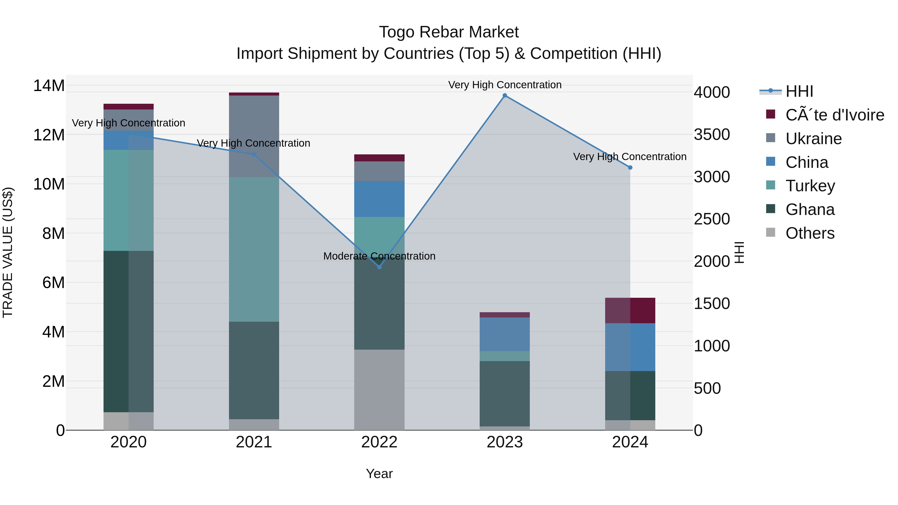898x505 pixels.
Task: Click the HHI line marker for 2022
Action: pyautogui.click(x=379, y=267)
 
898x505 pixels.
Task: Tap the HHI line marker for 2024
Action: pyautogui.click(x=630, y=168)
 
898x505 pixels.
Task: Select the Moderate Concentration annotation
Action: pyautogui.click(x=379, y=256)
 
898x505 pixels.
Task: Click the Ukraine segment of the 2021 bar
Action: pyautogui.click(x=254, y=136)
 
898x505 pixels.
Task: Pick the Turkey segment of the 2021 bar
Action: pyautogui.click(x=254, y=249)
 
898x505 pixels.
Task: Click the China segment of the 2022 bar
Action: pyautogui.click(x=379, y=199)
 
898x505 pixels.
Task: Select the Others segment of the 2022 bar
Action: pyautogui.click(x=379, y=390)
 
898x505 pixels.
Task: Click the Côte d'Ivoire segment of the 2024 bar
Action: pyautogui.click(x=630, y=310)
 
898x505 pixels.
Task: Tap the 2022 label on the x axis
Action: pyautogui.click(x=379, y=442)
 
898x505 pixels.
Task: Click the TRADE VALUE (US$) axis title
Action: pyautogui.click(x=8, y=252)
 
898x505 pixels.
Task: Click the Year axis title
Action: pyautogui.click(x=379, y=474)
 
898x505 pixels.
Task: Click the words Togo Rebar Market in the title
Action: pyautogui.click(x=449, y=32)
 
